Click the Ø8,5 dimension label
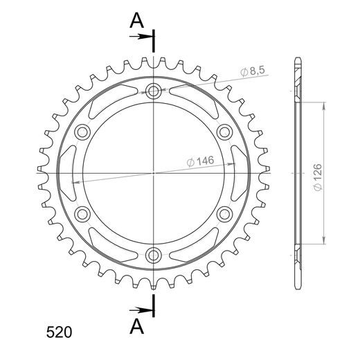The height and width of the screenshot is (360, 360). [x=253, y=71]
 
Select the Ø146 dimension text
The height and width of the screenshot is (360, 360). [x=200, y=161]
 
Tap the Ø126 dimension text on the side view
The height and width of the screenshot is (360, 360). [x=318, y=177]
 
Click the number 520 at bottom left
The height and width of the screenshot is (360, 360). [x=59, y=332]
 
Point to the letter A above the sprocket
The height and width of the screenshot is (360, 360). [x=137, y=20]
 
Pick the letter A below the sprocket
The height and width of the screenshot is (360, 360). [x=137, y=327]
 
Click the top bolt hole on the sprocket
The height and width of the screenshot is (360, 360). [x=154, y=91]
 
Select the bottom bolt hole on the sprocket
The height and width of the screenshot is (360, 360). [x=153, y=255]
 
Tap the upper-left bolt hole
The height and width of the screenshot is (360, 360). [x=82, y=132]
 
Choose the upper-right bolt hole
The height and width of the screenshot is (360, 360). [x=224, y=132]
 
